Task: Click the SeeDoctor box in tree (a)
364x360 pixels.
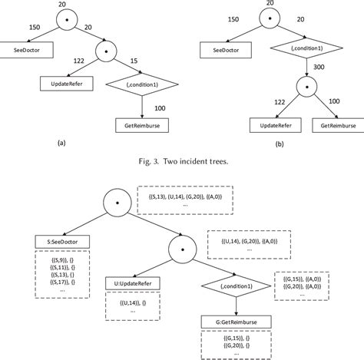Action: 28,51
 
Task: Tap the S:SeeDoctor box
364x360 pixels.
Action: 62,241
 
